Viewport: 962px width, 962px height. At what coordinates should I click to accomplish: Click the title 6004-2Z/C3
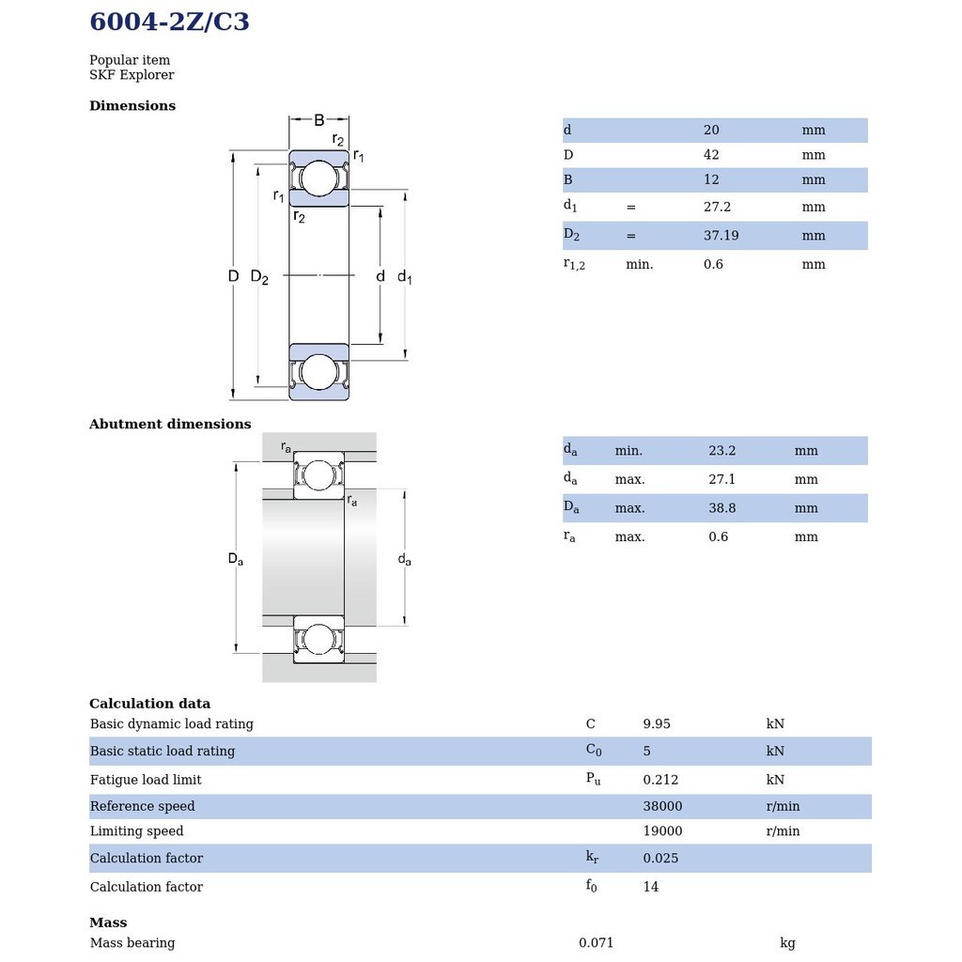169,22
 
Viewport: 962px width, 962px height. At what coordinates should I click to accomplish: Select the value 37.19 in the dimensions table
721,236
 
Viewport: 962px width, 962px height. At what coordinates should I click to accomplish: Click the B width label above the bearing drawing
318,120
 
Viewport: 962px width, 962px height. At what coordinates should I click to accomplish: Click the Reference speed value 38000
662,806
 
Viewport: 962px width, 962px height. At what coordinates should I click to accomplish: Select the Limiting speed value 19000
662,831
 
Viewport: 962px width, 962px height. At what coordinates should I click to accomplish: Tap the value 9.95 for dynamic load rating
657,724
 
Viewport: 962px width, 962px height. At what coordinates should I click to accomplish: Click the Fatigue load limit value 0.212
660,780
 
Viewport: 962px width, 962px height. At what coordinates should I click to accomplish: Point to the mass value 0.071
596,943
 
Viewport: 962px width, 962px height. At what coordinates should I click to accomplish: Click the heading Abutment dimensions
170,425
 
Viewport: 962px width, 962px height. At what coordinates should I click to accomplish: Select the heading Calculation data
149,704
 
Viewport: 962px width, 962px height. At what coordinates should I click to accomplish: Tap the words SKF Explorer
132,75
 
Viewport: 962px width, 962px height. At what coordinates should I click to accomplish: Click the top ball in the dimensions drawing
318,178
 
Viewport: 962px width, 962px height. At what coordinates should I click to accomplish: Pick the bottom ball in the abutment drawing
318,641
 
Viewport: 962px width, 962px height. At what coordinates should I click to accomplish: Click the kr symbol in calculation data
592,857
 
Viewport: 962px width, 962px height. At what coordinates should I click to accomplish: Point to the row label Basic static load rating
163,752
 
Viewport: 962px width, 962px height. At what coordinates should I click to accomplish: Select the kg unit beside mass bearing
787,943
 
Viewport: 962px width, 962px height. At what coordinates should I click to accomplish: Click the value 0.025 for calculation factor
660,859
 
